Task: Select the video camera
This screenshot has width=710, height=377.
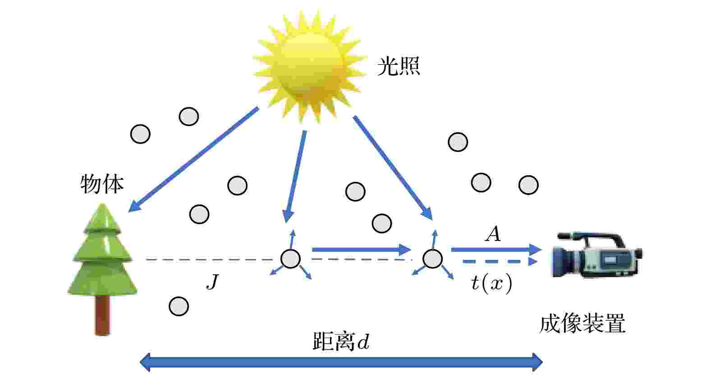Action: tap(597, 255)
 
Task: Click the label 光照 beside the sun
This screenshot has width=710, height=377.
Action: tap(399, 66)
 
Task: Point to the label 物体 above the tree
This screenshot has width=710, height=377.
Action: tap(102, 184)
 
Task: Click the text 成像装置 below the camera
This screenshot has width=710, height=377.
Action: tap(582, 323)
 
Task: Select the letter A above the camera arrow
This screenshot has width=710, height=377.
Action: tap(493, 234)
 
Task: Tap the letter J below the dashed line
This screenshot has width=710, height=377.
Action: tap(213, 282)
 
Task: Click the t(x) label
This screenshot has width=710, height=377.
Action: tap(492, 282)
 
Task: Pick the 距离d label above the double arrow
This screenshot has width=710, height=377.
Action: tap(341, 341)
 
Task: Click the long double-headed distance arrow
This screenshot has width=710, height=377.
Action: tap(341, 362)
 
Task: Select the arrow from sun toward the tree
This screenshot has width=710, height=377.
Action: tap(193, 159)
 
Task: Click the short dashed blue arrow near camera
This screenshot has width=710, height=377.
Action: tap(500, 262)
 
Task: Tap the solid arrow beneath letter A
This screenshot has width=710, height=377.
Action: tap(496, 250)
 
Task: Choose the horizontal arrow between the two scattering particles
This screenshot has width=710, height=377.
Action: tap(362, 250)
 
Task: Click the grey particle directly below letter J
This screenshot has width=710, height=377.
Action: tap(179, 306)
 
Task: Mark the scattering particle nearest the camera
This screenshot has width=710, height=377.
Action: tap(432, 259)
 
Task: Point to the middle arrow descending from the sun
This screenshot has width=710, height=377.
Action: tap(296, 177)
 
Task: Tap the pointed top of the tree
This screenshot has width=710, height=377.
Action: tap(102, 204)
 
